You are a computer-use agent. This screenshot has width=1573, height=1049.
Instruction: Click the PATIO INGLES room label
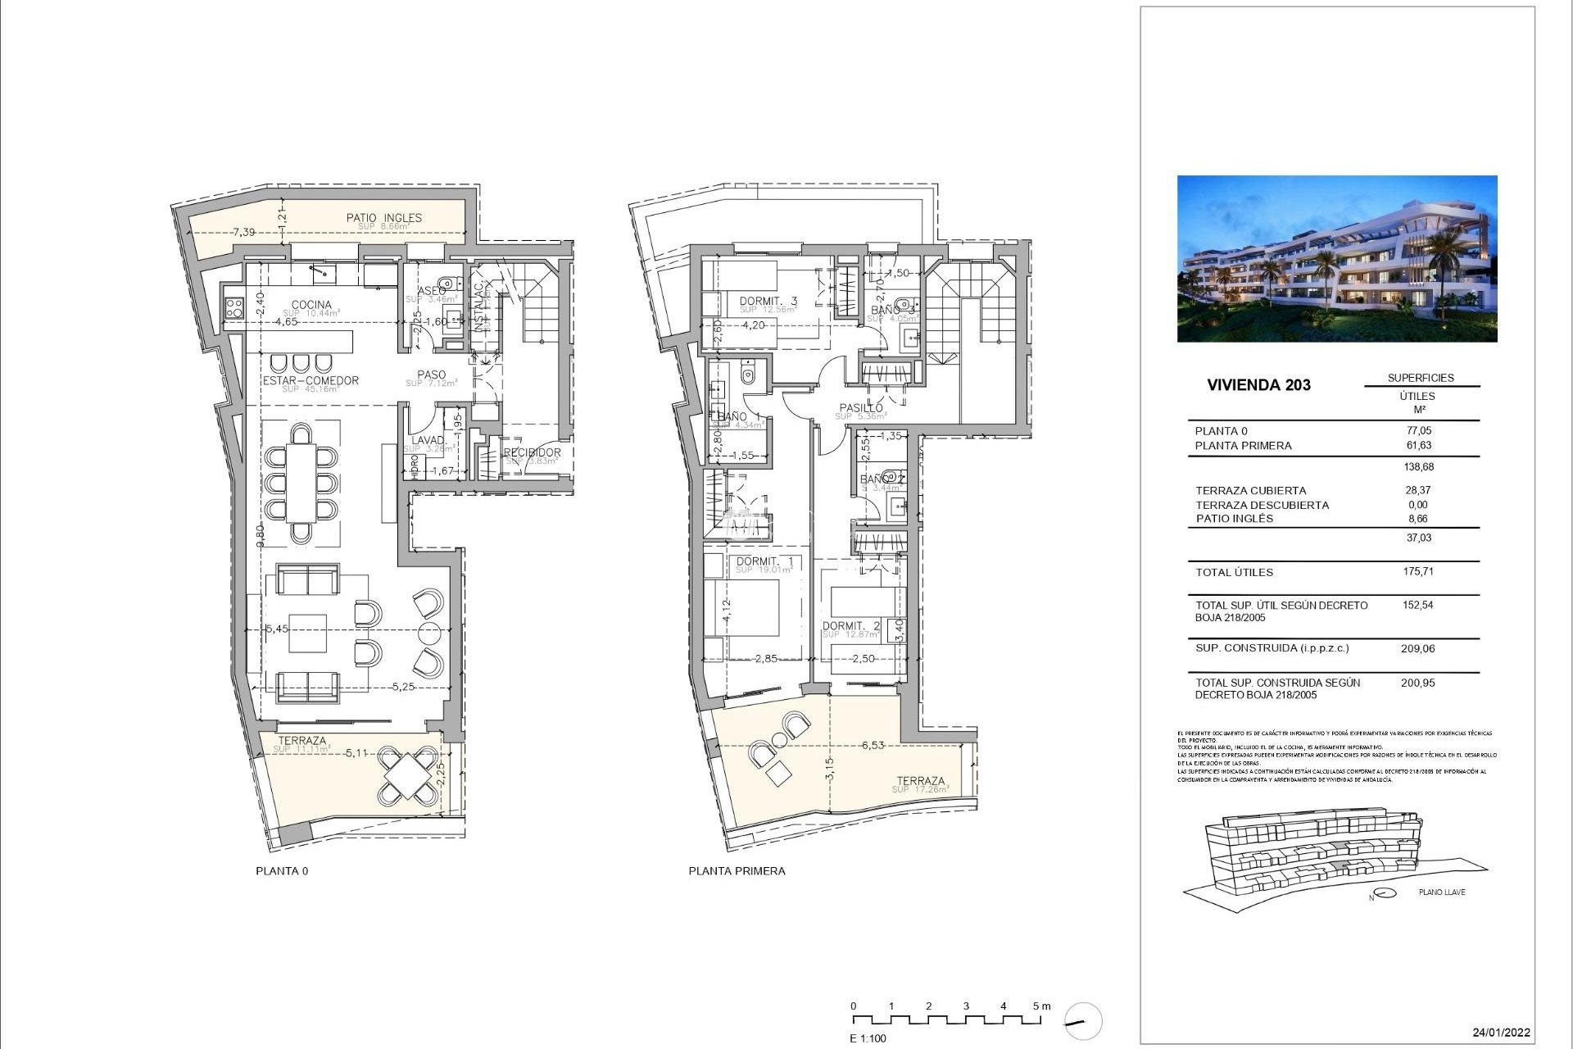pyautogui.click(x=383, y=218)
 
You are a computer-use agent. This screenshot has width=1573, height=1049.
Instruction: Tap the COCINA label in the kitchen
pyautogui.click(x=311, y=305)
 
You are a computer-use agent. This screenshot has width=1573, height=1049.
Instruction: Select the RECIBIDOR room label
pyautogui.click(x=532, y=452)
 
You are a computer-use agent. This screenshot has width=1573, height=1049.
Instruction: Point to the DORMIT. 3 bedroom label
pyautogui.click(x=768, y=302)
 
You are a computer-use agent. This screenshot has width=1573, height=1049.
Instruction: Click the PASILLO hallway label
pyautogui.click(x=860, y=408)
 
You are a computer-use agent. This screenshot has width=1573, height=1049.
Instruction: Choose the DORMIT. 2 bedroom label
pyautogui.click(x=850, y=626)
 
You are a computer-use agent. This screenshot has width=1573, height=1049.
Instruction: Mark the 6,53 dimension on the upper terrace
pyautogui.click(x=873, y=745)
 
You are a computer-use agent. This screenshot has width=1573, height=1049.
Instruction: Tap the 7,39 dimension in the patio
pyautogui.click(x=243, y=233)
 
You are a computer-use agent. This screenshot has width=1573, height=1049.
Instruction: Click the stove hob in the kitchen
pyautogui.click(x=233, y=308)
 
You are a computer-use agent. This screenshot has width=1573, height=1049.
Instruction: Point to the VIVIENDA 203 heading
pyautogui.click(x=1258, y=385)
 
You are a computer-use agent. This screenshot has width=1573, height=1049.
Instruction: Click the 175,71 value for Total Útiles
pyautogui.click(x=1417, y=572)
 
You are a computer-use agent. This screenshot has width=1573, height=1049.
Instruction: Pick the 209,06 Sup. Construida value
pyautogui.click(x=1417, y=648)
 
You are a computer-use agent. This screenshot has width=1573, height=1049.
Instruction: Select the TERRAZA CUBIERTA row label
pyautogui.click(x=1250, y=491)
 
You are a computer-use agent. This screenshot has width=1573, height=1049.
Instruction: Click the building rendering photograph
pyautogui.click(x=1336, y=258)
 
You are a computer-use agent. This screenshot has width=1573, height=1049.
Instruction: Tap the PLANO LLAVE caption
pyautogui.click(x=1441, y=892)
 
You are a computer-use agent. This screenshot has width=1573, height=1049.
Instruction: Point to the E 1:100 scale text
pyautogui.click(x=868, y=1038)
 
